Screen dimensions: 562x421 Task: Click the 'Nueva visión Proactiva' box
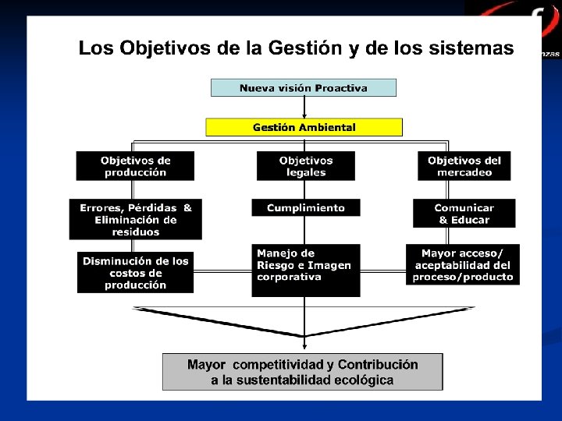point(304,88)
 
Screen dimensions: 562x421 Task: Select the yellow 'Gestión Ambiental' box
point(304,127)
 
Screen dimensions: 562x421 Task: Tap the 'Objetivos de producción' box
point(135,166)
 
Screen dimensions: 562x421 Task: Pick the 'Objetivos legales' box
point(306,166)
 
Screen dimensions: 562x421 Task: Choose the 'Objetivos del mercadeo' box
point(464,166)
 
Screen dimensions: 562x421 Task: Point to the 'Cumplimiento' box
point(306,208)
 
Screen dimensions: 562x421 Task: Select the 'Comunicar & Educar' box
point(464,214)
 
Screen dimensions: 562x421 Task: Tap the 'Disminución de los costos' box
point(135,273)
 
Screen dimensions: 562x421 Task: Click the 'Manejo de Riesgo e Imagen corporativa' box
point(306,270)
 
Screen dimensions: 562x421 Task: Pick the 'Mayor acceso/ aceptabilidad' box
point(464,265)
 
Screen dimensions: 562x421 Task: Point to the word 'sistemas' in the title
point(472,48)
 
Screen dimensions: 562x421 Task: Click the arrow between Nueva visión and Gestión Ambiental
point(304,108)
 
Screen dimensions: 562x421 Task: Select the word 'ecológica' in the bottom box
point(360,380)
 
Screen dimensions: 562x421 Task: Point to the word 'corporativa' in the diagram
point(289,277)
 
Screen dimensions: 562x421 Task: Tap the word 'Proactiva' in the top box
point(340,88)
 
